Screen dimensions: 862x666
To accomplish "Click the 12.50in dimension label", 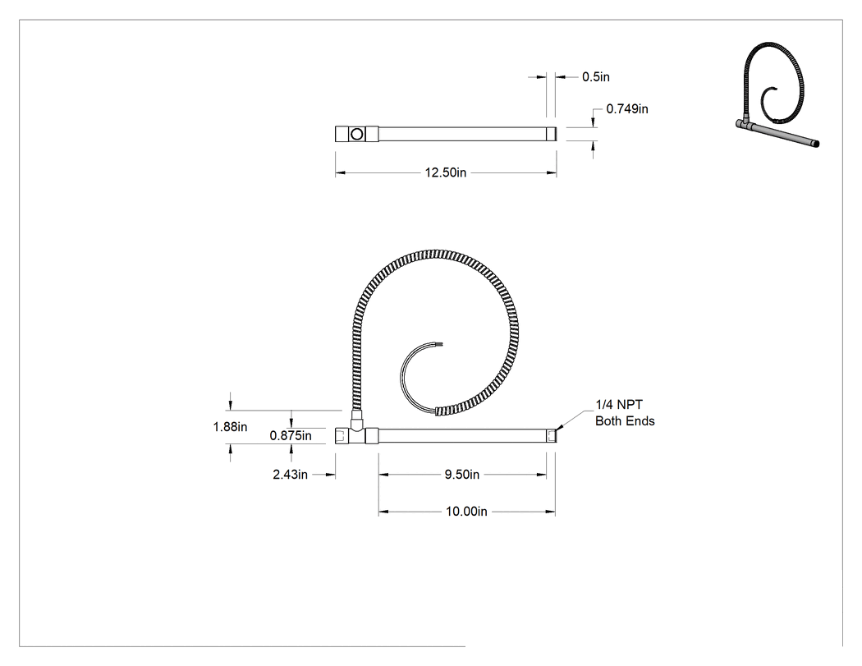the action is pyautogui.click(x=445, y=172).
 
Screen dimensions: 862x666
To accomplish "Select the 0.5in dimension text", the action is pyautogui.click(x=596, y=77).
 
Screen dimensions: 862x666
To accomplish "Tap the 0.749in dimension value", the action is pyautogui.click(x=627, y=109).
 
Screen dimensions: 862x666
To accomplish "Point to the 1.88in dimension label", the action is pyautogui.click(x=231, y=427).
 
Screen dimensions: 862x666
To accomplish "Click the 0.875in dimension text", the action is pyautogui.click(x=291, y=436).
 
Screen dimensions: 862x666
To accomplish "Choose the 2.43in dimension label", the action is pyautogui.click(x=291, y=475).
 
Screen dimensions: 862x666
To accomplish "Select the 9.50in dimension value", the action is pyautogui.click(x=461, y=475).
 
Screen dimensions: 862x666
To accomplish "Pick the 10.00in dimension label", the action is pyautogui.click(x=466, y=512).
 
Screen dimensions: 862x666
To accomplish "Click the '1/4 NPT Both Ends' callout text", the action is pyautogui.click(x=625, y=413).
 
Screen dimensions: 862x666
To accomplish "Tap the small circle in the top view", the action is pyautogui.click(x=357, y=134).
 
